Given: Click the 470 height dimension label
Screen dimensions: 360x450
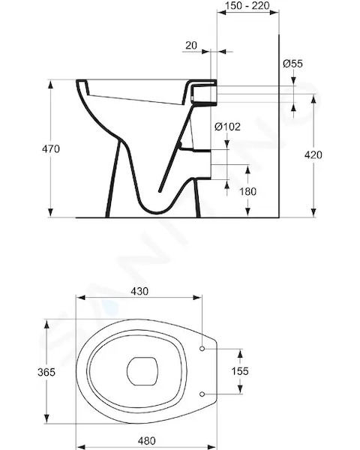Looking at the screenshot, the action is pos(51,149).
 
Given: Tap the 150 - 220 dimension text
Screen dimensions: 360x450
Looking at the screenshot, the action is pos(247,5).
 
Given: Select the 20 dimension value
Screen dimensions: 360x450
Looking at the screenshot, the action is pos(191,45).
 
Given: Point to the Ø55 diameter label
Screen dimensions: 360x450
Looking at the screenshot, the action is pos(292,64).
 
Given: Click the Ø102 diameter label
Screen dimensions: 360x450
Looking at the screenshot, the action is pos(227,126).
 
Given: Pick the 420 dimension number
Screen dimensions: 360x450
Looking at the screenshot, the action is pos(313,155).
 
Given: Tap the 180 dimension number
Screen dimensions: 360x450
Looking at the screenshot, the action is pos(247,191).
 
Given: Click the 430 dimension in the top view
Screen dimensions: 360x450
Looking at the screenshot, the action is pos(139,291).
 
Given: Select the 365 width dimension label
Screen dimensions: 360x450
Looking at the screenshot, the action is pos(46,372).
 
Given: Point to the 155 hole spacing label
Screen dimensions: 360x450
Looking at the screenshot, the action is pos(240,371).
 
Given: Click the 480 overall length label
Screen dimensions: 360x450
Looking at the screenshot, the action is pos(146,440).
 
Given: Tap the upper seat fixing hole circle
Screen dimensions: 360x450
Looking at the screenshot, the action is pos(202,349).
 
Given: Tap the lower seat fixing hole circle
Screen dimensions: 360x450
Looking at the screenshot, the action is pos(202,394).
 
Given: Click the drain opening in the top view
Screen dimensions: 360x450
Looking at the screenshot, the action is pos(142,371).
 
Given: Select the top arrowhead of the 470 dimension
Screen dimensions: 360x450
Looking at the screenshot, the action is pos(50,85).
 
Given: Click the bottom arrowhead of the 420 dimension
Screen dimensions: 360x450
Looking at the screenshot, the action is pos(313,213).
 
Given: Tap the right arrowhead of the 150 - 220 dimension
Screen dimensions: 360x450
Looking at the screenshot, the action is pos(274,12).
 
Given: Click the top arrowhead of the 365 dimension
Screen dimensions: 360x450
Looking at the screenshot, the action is pos(46,325).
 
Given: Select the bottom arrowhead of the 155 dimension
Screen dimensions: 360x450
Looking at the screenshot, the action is pos(240,389).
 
